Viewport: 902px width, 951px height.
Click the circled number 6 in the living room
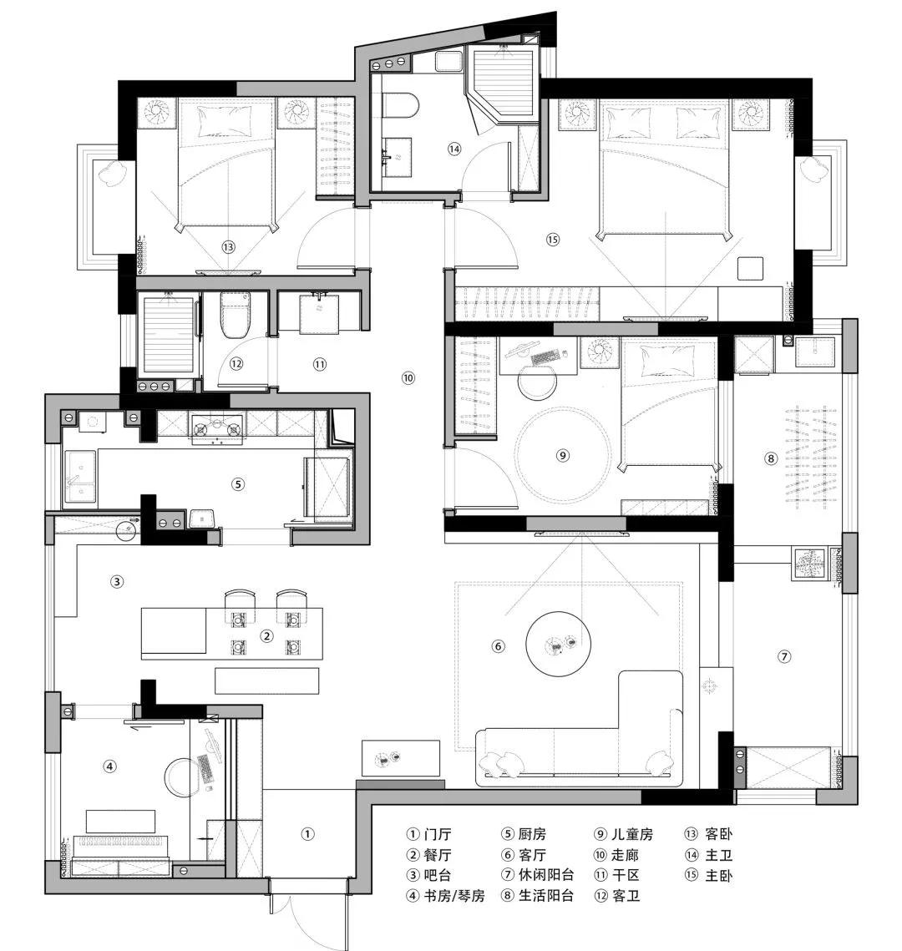tap(498, 646)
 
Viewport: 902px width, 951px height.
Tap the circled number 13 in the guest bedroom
tap(228, 247)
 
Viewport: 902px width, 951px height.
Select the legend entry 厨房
tap(524, 834)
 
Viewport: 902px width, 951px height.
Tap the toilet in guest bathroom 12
tap(236, 315)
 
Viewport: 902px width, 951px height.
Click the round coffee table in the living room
tap(558, 644)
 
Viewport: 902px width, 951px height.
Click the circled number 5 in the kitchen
tap(238, 484)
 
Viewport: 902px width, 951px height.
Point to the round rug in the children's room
tap(562, 456)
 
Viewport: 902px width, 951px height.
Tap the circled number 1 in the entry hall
tap(307, 834)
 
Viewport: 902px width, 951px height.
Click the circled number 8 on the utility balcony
tap(770, 458)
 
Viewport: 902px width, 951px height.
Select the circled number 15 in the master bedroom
tap(553, 240)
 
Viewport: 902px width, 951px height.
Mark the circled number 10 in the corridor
tap(408, 378)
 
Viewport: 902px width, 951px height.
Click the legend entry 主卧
tap(709, 875)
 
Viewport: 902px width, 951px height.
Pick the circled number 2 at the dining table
tap(267, 635)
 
